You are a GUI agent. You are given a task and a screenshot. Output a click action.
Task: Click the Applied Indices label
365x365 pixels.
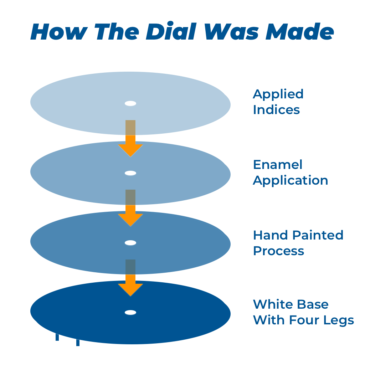pyautogui.click(x=278, y=102)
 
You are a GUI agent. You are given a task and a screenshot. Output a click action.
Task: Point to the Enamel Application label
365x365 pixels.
pyautogui.click(x=290, y=172)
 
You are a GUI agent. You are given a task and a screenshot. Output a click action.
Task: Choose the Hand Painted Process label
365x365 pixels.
pyautogui.click(x=298, y=243)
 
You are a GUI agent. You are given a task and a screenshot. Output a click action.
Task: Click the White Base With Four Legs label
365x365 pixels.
pyautogui.click(x=303, y=312)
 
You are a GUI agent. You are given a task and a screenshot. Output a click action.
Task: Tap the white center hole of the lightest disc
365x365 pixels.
pyautogui.click(x=130, y=104)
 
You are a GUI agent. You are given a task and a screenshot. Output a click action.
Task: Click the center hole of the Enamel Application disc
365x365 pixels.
pyautogui.click(x=130, y=173)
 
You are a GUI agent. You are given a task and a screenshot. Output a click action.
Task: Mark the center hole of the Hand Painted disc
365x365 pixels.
pyautogui.click(x=130, y=243)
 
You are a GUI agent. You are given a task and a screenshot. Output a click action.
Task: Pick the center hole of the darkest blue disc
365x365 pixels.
pyautogui.click(x=130, y=313)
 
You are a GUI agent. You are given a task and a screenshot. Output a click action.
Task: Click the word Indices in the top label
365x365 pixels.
pyautogui.click(x=276, y=109)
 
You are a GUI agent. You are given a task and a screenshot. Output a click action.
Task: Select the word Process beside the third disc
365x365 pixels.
pyautogui.click(x=278, y=251)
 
